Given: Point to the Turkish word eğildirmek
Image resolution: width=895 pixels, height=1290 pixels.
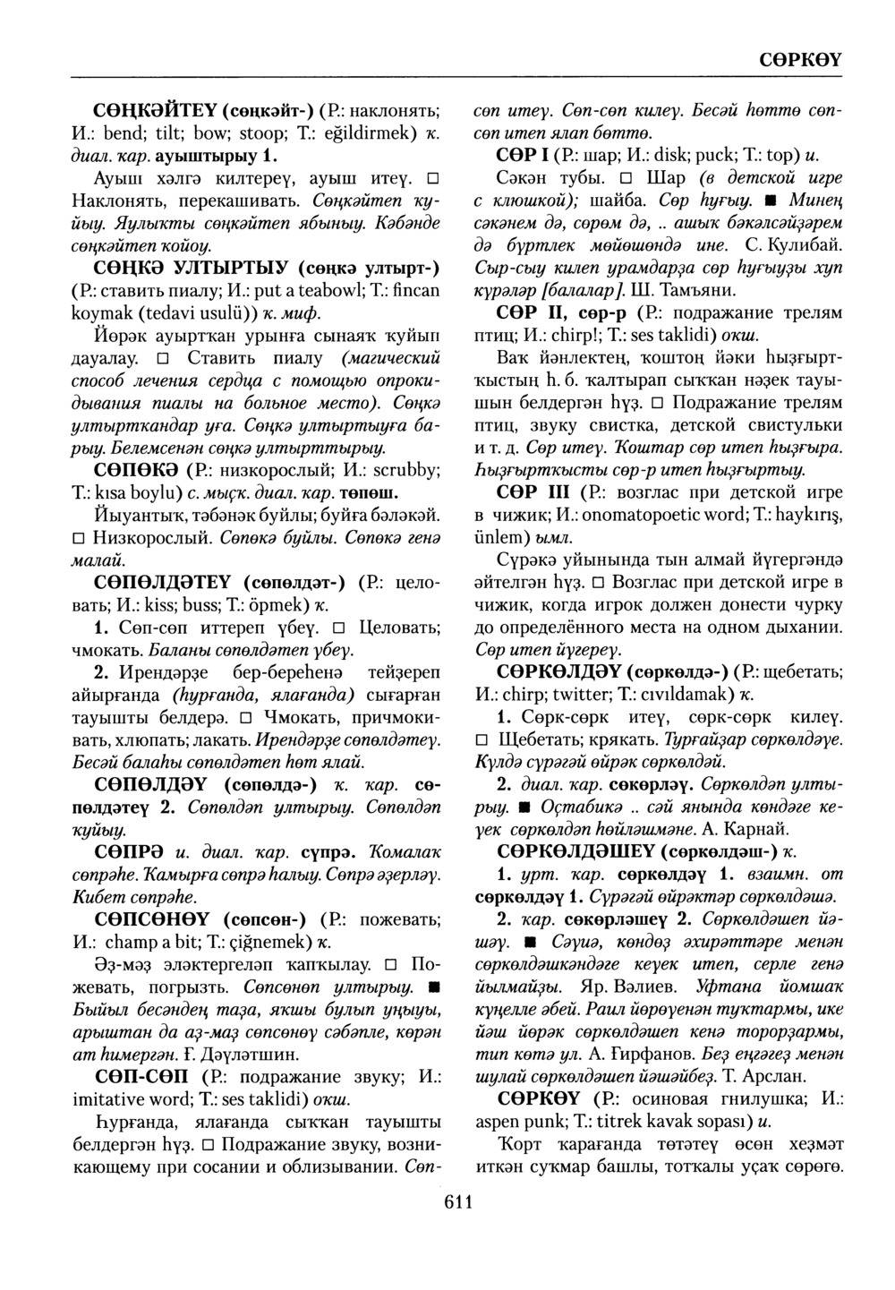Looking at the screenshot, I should [359, 134].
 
